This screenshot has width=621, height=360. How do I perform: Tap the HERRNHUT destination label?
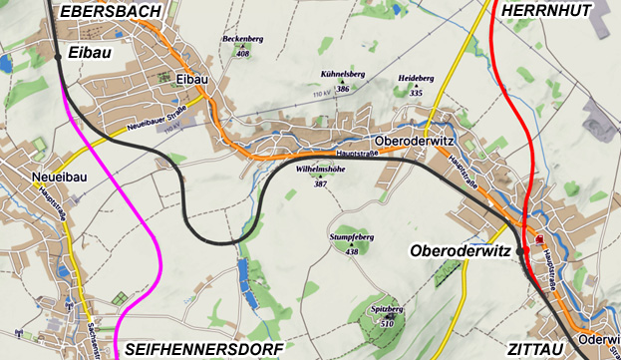pos(547,10)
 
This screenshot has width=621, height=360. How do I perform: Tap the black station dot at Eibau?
pos(58,57)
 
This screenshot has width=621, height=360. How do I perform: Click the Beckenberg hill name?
pos(242,39)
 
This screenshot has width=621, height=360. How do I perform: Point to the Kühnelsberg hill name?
pos(343,75)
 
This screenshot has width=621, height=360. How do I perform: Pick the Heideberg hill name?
pos(417,78)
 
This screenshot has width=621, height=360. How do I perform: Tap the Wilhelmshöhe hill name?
pos(320,170)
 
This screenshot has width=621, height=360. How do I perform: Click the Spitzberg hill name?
pos(387,310)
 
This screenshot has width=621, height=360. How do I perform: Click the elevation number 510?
pos(388,324)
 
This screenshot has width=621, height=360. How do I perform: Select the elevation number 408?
pos(242,53)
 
